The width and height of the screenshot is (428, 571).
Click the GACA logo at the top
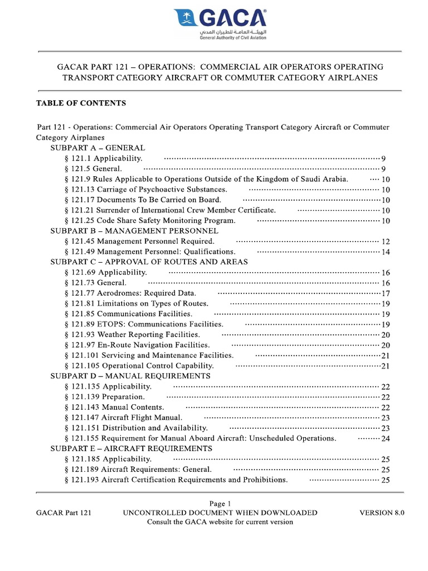point(221,24)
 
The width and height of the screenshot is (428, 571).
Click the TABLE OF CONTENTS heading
point(81,103)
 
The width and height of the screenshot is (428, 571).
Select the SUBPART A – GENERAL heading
point(98,148)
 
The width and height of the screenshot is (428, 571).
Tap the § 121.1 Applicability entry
point(104,159)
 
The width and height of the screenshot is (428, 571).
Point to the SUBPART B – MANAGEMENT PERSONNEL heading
point(134,230)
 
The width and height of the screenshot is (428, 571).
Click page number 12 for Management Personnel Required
point(386,241)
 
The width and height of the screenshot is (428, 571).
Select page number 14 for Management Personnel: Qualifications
point(386,252)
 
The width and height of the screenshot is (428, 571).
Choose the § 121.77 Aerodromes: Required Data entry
point(130,293)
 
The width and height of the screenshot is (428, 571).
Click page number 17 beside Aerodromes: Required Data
point(386,293)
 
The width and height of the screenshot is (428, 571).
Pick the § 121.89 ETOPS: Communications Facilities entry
point(144,324)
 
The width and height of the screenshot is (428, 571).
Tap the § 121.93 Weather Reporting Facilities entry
point(133,335)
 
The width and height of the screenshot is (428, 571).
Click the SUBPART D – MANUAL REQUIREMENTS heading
point(130,376)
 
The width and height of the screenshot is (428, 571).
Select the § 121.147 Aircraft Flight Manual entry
point(124,417)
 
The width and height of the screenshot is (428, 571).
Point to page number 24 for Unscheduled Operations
point(386,438)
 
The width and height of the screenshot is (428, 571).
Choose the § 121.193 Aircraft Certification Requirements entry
point(177,480)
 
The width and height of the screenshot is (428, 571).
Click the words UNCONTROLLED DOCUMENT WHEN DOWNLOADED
point(220,512)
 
